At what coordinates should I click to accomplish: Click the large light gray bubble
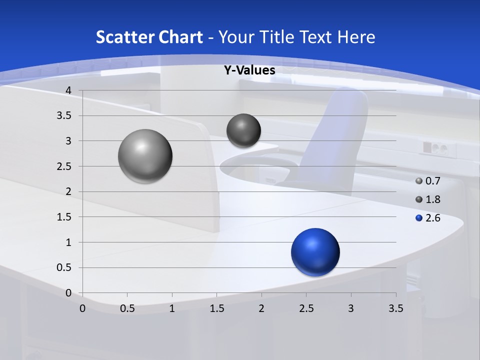[145, 156]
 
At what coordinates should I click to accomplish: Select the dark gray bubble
[243, 130]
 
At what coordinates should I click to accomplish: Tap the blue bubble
[315, 252]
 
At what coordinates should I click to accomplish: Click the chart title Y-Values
[249, 70]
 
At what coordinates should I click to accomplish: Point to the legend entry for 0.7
[428, 181]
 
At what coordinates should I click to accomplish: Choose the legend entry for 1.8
[428, 199]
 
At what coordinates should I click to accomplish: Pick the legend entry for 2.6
[428, 218]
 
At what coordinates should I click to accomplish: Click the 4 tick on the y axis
[68, 90]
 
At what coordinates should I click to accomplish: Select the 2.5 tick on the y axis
[64, 166]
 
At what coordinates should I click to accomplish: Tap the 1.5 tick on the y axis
[64, 217]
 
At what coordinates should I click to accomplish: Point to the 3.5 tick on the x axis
[395, 308]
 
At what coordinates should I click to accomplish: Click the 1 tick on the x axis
[172, 308]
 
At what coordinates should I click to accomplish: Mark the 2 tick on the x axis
[261, 308]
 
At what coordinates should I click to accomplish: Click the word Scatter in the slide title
[124, 37]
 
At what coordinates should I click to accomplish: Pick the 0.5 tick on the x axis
[127, 308]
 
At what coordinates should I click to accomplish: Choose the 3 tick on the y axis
[68, 141]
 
